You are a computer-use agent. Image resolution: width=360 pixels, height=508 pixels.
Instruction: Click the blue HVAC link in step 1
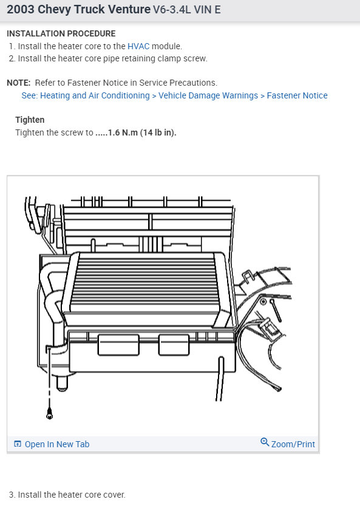coord(138,46)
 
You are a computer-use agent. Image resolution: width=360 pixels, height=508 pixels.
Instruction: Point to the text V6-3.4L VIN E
coord(187,10)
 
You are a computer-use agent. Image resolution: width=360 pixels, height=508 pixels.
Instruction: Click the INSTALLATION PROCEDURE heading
coord(61,33)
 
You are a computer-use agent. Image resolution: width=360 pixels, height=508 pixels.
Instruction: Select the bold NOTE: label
coord(19,83)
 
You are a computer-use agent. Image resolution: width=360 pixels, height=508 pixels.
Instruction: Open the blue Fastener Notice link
coord(297,95)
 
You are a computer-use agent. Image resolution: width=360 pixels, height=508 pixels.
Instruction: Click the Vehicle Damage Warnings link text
coord(208,95)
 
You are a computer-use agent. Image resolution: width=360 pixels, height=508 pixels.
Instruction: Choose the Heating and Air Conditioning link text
coord(94,95)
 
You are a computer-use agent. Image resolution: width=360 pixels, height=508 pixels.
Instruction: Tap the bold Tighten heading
coord(30,120)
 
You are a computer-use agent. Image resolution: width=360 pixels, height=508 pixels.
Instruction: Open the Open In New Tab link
coord(56,444)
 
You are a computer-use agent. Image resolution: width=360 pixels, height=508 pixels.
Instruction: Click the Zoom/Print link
coord(293,444)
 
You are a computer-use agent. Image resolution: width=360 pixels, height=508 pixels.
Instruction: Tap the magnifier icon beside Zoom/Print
coord(265,442)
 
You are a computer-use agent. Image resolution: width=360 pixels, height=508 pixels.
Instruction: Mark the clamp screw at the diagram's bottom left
coord(49,415)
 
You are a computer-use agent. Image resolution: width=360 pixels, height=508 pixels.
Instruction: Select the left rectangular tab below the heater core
coord(113,345)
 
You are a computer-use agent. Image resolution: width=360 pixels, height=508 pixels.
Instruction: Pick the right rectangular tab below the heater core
coord(174,345)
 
